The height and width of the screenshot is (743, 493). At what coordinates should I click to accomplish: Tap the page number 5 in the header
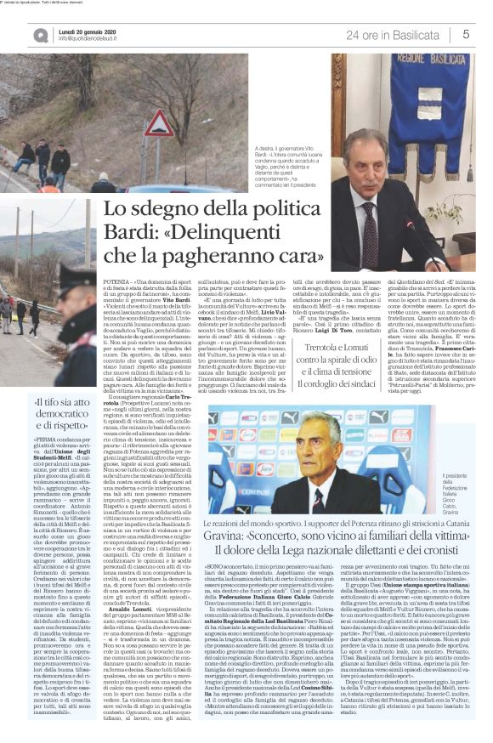point(467,34)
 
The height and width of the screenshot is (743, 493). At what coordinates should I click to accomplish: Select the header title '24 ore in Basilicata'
point(398,34)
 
